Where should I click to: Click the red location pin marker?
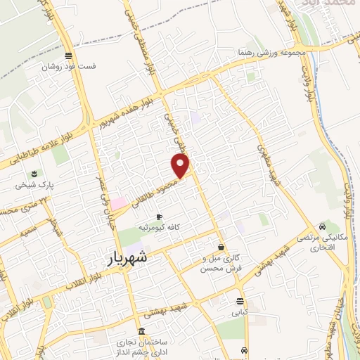[181, 165]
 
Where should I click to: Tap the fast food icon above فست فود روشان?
[68, 56]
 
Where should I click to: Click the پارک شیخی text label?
[32, 186]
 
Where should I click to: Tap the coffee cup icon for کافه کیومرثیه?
[160, 217]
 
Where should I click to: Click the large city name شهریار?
[129, 258]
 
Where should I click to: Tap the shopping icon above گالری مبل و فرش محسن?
[221, 247]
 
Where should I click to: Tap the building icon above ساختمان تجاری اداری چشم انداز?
[142, 330]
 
